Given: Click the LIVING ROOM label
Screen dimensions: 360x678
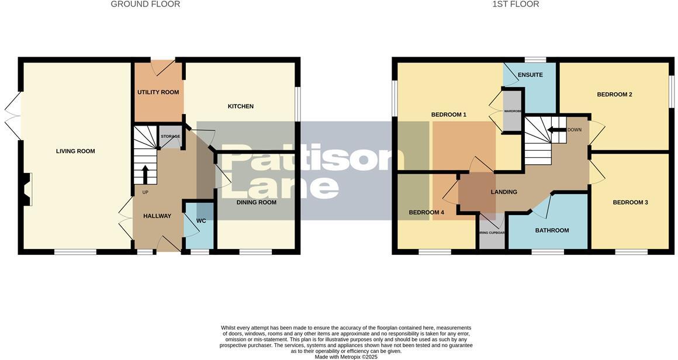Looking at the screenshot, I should pos(75,151).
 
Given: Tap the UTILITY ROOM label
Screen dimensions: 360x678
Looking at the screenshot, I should pos(158,92).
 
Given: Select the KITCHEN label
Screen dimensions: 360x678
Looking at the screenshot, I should pos(240,106).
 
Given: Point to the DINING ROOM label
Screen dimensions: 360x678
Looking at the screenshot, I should pos(256,202).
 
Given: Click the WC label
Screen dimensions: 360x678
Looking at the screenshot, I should pos(200,221).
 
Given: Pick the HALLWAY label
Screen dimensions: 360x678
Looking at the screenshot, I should pos(157,216).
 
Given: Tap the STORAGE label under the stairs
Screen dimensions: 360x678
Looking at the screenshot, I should pos(171,136).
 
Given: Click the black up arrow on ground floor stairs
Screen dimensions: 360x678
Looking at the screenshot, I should pos(145,174).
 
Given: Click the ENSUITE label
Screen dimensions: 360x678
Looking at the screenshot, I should pos(530,75).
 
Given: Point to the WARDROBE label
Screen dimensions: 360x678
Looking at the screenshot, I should pos(513,110).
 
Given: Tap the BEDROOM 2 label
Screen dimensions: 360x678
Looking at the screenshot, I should pos(614,95).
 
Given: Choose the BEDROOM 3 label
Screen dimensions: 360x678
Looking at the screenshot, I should pos(630,202).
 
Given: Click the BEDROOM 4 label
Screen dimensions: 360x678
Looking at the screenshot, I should pos(426,213).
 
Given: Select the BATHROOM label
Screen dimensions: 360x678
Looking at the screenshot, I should pos(552,230).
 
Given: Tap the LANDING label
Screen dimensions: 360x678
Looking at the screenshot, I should pos(503,192).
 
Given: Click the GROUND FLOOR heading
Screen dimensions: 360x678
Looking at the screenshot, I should pos(145,4).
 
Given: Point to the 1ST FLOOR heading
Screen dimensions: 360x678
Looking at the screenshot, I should pos(516,4).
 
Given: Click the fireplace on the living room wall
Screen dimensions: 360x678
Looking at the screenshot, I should pos(26,189).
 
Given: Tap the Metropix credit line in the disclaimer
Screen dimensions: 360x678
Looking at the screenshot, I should pos(346,356).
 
